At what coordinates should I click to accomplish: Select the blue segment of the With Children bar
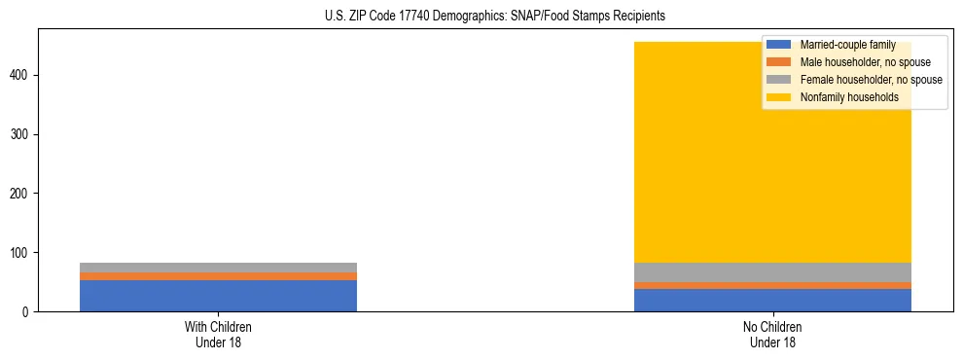(218, 296)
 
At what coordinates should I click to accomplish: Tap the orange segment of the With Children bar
(218, 276)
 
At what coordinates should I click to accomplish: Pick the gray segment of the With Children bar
(218, 268)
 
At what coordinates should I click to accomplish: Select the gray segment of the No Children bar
(773, 272)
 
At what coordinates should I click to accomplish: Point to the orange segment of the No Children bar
(773, 286)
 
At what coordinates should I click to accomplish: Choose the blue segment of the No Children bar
(773, 301)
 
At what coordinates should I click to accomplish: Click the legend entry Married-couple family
(847, 45)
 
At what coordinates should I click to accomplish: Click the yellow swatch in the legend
(779, 97)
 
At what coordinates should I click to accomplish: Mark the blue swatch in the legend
(779, 45)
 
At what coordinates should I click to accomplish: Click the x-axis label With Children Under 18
(218, 334)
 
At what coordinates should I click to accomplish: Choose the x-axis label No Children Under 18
(773, 334)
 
